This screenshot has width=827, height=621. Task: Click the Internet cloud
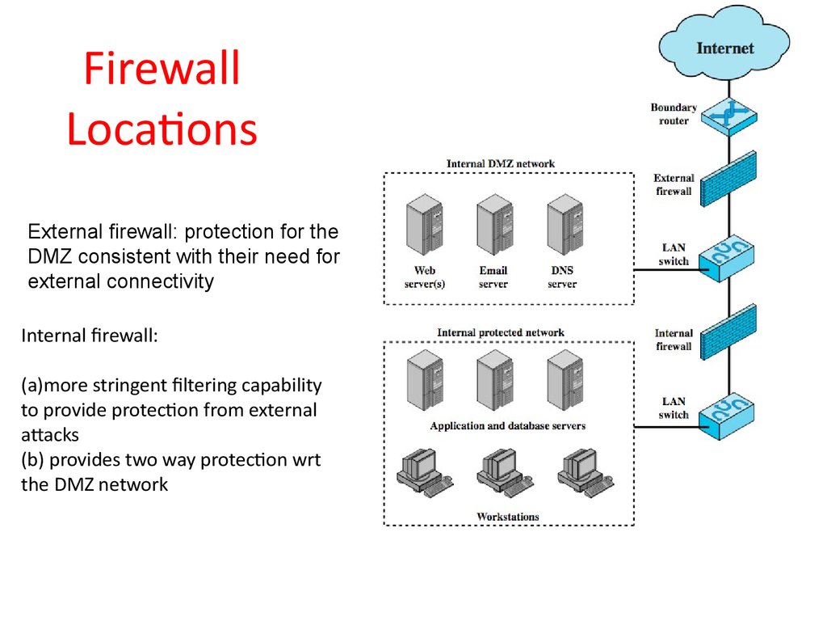[724, 45]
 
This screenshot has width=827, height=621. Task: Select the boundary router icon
[728, 116]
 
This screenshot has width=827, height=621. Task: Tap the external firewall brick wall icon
[728, 178]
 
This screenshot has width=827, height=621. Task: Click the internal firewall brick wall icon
[728, 332]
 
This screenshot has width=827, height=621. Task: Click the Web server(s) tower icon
[424, 228]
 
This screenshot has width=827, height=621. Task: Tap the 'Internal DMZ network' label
[501, 164]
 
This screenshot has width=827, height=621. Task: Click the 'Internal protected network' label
[501, 332]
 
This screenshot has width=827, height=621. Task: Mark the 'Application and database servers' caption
[507, 426]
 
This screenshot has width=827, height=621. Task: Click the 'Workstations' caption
[507, 517]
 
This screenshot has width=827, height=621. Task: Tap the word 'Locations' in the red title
[162, 129]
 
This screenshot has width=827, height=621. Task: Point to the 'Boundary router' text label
[673, 114]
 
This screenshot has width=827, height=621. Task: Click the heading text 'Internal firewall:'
[89, 336]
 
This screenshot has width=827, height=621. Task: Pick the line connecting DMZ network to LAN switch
[666, 269]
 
